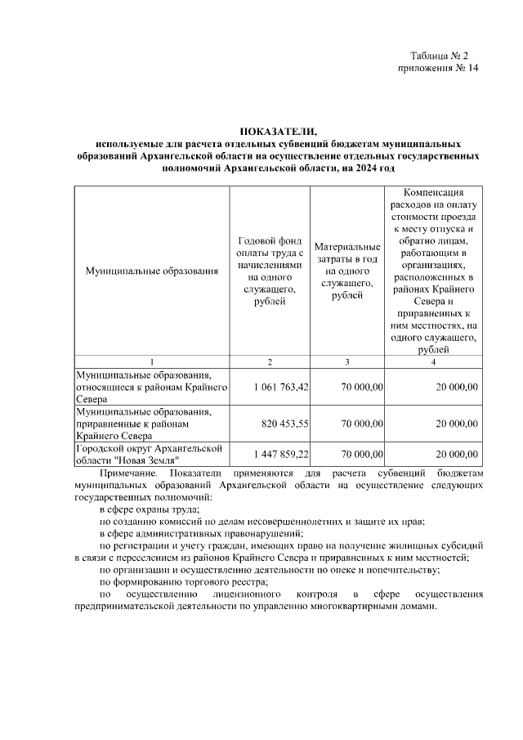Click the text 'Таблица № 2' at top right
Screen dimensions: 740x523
pos(439,56)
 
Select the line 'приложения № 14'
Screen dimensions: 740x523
pos(432,69)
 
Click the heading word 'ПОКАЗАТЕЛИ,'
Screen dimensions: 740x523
pos(277,131)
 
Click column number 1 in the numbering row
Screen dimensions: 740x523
pos(152,361)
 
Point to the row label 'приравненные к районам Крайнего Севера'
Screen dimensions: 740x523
pos(143,424)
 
